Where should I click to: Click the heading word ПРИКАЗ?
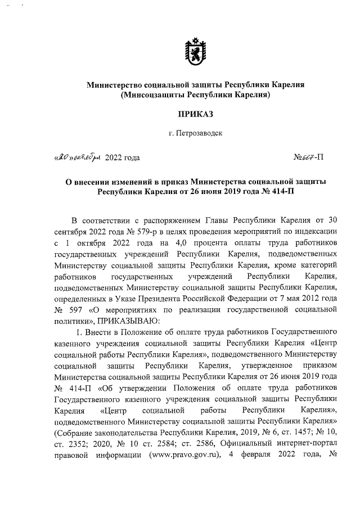pyautogui.click(x=195, y=114)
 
